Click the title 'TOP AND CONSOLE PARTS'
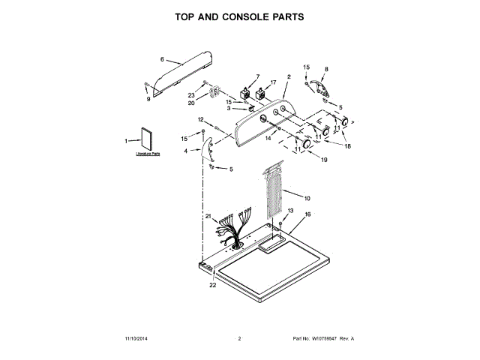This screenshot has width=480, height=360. [239, 16]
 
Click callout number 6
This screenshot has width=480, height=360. [161, 59]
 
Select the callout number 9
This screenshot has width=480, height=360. [148, 98]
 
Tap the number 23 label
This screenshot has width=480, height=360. [191, 95]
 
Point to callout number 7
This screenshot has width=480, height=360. [257, 76]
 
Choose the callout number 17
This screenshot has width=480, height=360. [272, 82]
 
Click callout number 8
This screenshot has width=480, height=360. [325, 69]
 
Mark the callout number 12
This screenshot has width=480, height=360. [200, 119]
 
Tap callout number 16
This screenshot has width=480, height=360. [307, 214]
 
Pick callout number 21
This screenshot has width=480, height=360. [208, 216]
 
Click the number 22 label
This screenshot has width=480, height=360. [212, 286]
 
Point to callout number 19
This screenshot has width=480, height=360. [325, 160]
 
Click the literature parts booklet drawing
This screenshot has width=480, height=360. [146, 140]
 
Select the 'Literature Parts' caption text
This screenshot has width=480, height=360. [148, 154]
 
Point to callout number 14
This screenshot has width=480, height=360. [268, 138]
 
